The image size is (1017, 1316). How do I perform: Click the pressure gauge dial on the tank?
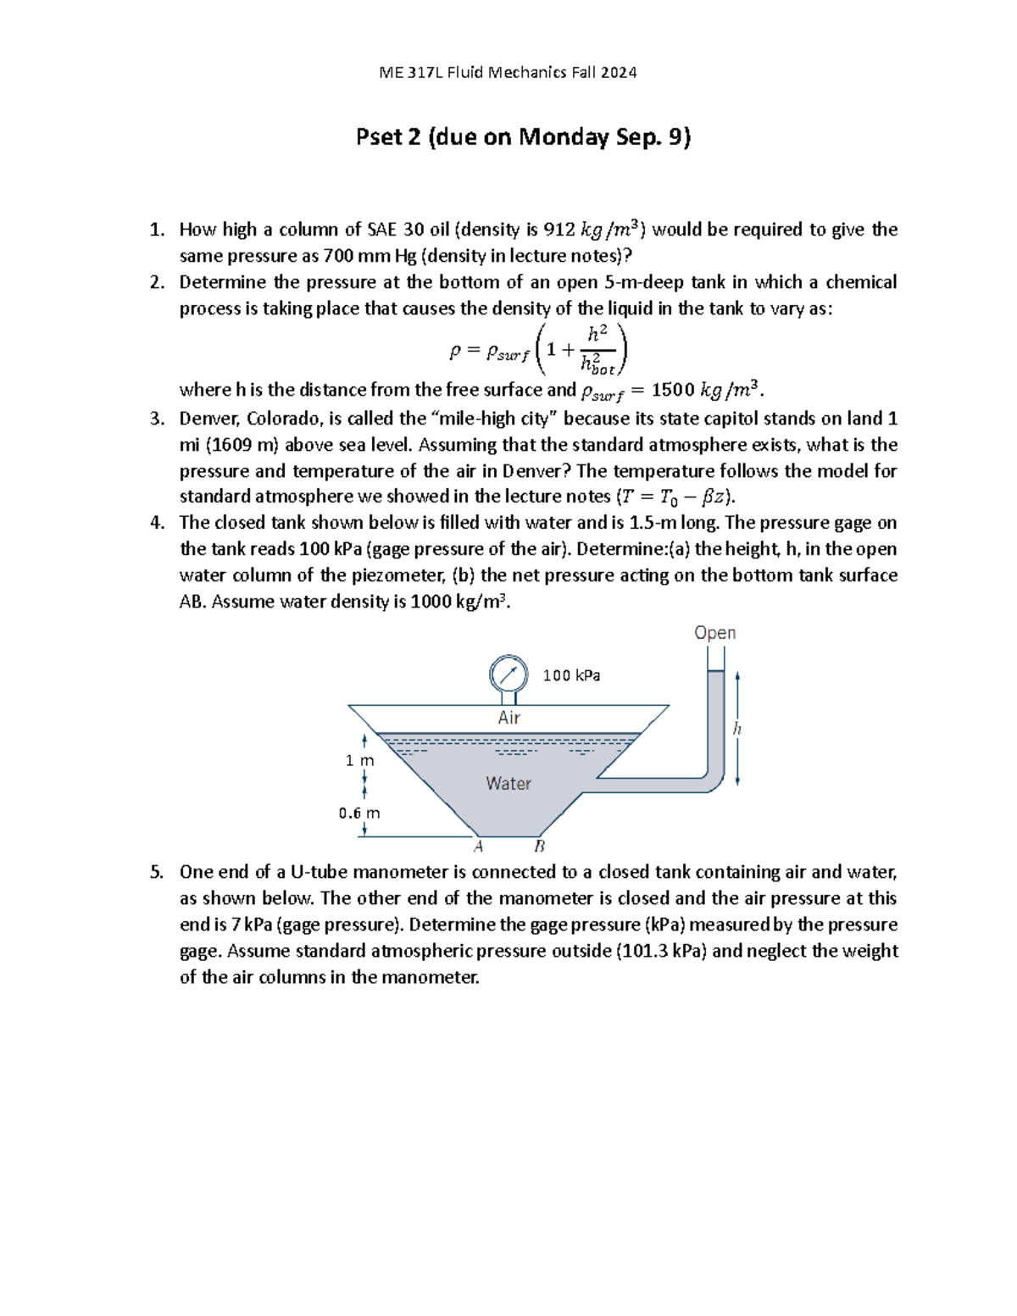pos(508,675)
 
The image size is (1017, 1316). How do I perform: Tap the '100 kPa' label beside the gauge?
pos(571,675)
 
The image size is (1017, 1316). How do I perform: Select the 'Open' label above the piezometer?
pos(714,633)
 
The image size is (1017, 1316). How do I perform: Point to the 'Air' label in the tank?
pos(508,718)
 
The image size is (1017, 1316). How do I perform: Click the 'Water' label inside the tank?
pos(508,784)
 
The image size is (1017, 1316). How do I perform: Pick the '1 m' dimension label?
pos(359,760)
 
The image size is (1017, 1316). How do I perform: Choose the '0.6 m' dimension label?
pos(359,813)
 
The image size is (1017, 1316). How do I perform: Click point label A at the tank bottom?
pos(478,847)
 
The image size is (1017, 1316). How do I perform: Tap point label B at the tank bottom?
pos(539,847)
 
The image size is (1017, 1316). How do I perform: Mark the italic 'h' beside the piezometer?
pos(736,729)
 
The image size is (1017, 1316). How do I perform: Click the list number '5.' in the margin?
pos(157,872)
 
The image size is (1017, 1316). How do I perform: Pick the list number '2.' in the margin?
pos(157,282)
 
